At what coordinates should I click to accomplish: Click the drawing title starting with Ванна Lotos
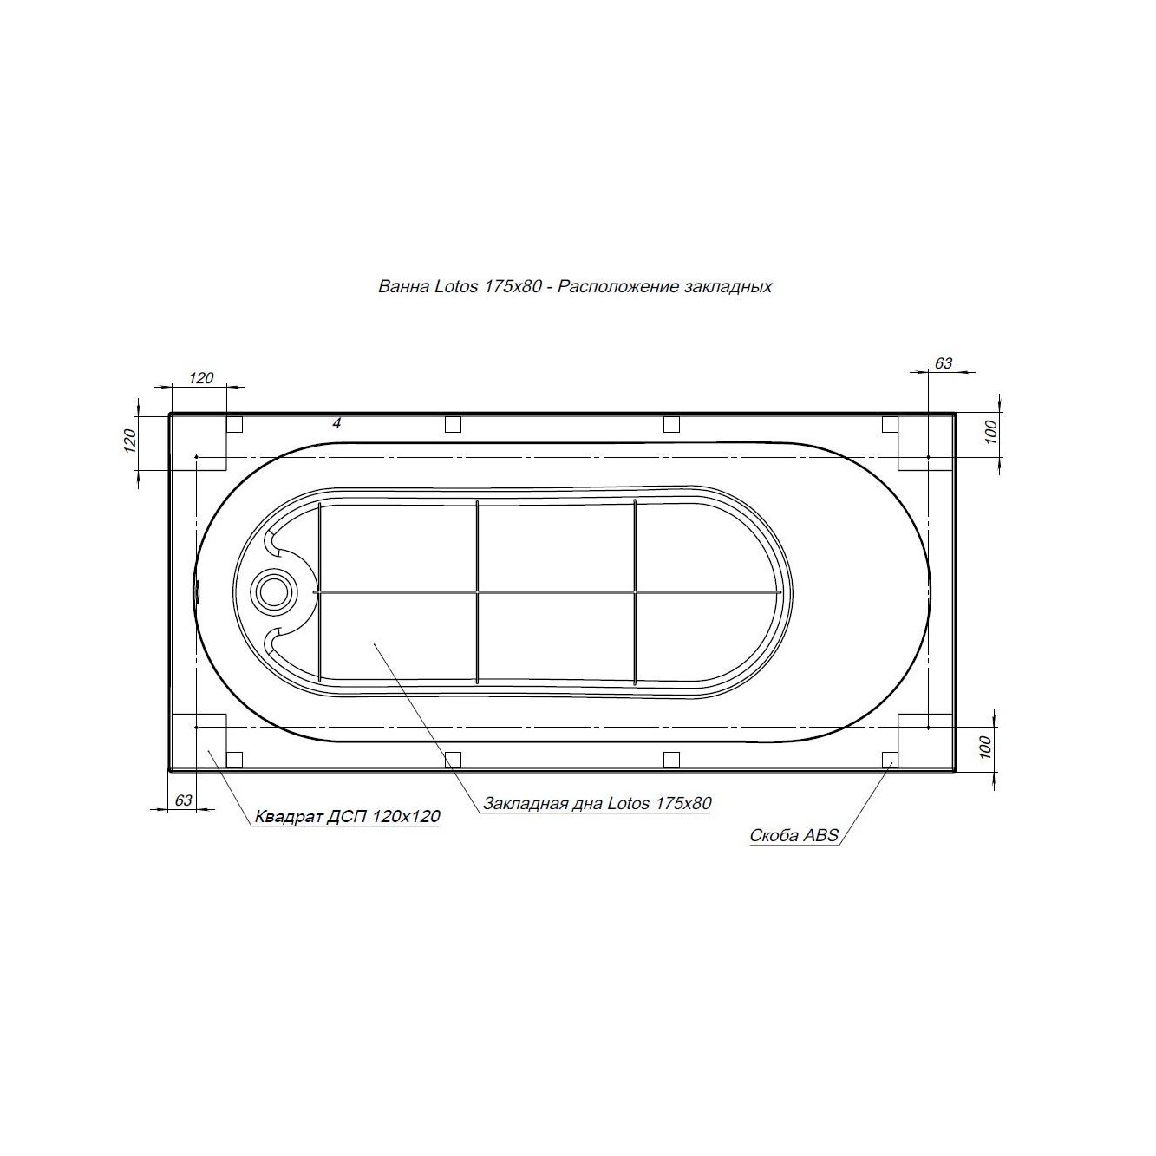[575, 287]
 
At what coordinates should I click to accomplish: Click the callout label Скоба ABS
[794, 835]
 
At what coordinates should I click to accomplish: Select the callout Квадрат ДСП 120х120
[348, 816]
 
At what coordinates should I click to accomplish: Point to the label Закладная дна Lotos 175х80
[597, 803]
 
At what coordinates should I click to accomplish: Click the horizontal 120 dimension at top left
[201, 378]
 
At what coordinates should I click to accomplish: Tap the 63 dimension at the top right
[943, 363]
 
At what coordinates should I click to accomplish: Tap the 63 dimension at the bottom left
[183, 800]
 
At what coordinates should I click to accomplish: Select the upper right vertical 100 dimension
[990, 432]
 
